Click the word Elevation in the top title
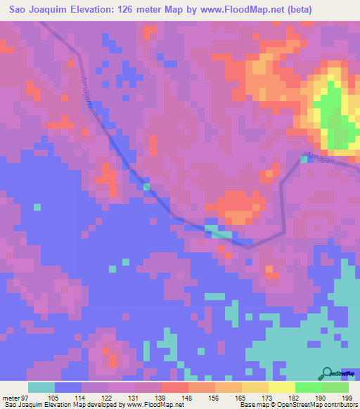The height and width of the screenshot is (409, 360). pos(96,9)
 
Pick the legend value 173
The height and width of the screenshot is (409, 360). pos(267,397)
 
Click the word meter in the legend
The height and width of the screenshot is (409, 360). pos(12,397)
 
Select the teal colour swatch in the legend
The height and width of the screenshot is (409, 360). pos(41,387)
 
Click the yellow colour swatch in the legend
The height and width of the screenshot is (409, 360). pos(281,387)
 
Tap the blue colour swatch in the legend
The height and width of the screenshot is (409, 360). pos(68,387)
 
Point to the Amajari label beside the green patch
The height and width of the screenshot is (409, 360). pos(317,157)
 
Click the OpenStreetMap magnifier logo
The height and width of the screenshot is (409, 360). pos(327,373)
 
